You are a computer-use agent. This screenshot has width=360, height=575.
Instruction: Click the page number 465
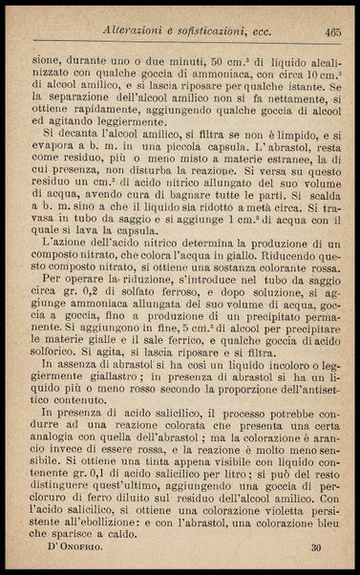click(x=332, y=32)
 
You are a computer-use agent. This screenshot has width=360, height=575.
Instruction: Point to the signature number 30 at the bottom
click(x=315, y=547)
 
